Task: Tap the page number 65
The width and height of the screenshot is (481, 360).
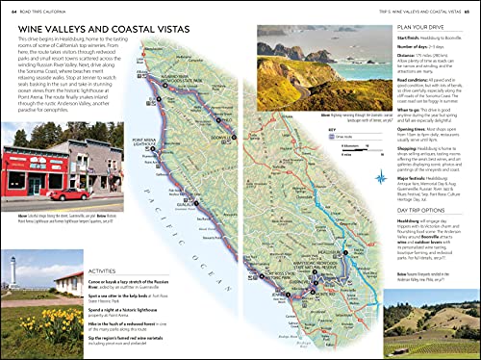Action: (472, 10)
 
